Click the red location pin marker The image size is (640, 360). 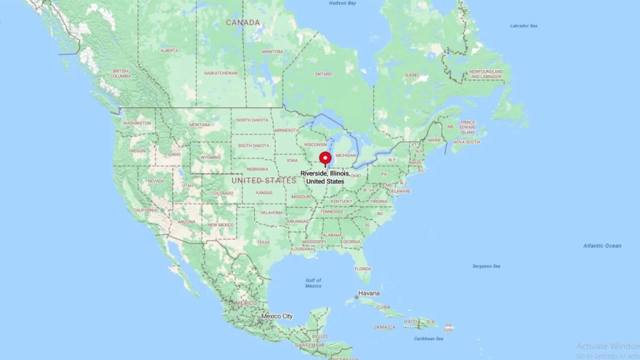(x=324, y=158)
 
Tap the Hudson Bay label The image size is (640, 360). (x=342, y=3)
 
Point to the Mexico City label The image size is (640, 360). (x=277, y=316)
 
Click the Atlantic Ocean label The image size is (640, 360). (x=602, y=246)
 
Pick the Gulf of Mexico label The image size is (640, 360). (x=313, y=283)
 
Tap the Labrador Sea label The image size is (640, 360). (x=523, y=26)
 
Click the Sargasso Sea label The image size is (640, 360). (x=486, y=266)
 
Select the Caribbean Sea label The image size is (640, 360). (x=428, y=339)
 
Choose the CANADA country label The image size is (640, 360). (x=242, y=22)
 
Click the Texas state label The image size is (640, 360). (x=262, y=242)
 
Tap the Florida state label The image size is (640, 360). (x=362, y=269)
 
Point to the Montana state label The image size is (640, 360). (x=200, y=124)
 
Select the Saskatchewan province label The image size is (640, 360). (x=221, y=73)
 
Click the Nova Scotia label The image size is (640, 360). (x=467, y=142)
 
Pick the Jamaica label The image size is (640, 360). (x=385, y=327)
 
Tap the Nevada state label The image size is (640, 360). (x=156, y=181)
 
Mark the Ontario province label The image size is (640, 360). (x=323, y=74)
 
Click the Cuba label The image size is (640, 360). (x=383, y=307)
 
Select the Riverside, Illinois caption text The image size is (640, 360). (x=324, y=177)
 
